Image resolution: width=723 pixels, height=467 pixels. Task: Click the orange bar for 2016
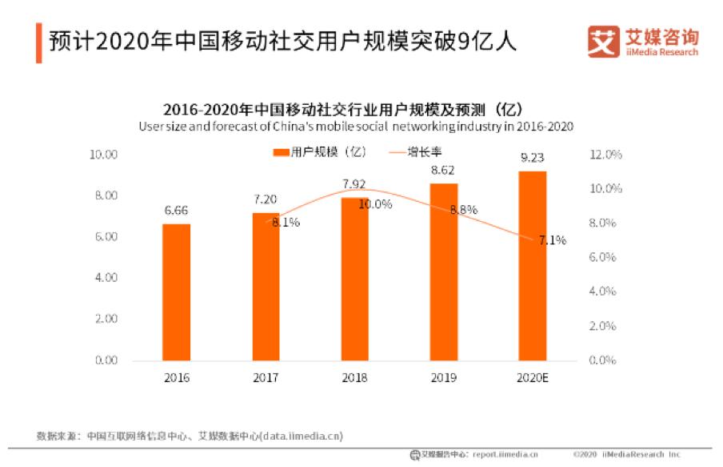pyautogui.click(x=177, y=292)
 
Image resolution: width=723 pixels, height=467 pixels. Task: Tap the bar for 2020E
pyautogui.click(x=533, y=265)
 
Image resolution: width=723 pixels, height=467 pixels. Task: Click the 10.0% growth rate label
pyautogui.click(x=375, y=204)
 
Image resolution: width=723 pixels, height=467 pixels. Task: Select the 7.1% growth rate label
pyautogui.click(x=552, y=240)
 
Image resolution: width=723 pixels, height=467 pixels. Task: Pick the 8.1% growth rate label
pyautogui.click(x=286, y=223)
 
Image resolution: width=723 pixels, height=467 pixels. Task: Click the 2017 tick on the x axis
pyautogui.click(x=266, y=377)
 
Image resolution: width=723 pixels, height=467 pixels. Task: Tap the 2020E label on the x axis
pyautogui.click(x=533, y=377)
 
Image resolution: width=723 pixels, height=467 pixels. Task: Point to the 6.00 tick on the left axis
pyautogui.click(x=106, y=237)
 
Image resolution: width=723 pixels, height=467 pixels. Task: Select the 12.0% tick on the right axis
pyautogui.click(x=605, y=155)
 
